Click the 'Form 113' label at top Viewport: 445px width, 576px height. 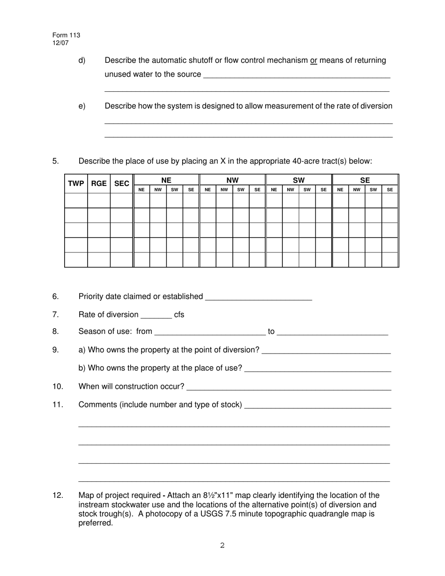[66, 36]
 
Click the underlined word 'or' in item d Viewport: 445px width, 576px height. [313, 60]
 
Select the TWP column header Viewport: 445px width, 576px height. [76, 184]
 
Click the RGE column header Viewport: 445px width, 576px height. [99, 184]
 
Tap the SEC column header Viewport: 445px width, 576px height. [121, 184]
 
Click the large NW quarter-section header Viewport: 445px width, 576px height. [232, 180]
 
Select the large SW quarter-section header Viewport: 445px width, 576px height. [299, 180]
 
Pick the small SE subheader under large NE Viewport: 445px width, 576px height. [191, 190]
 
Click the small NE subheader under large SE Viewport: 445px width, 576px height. [340, 190]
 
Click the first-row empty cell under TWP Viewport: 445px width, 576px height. [76, 200]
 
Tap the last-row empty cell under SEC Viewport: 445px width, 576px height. [121, 259]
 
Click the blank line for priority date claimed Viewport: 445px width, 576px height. [259, 297]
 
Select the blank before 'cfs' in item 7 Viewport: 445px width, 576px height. [156, 315]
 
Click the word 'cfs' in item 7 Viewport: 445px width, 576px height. [179, 315]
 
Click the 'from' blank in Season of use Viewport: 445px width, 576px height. [209, 332]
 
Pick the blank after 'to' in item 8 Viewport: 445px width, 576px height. [332, 332]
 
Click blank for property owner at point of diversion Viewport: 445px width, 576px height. [326, 351]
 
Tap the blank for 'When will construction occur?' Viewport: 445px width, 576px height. [289, 387]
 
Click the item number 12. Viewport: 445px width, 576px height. [58, 495]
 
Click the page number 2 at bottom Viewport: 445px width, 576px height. [222, 545]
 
